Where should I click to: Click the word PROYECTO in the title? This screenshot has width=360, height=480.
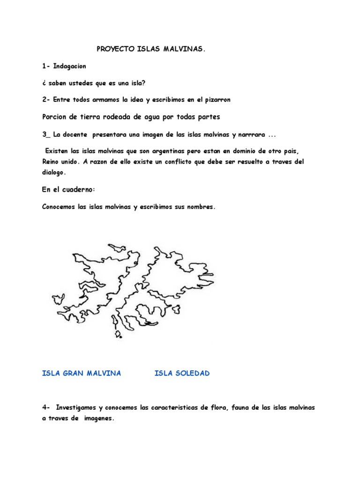(x=113, y=49)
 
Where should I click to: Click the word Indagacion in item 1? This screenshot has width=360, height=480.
(x=70, y=66)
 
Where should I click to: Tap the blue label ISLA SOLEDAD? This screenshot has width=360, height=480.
(x=182, y=373)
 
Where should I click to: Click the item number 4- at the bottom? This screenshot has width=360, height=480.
(x=45, y=407)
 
